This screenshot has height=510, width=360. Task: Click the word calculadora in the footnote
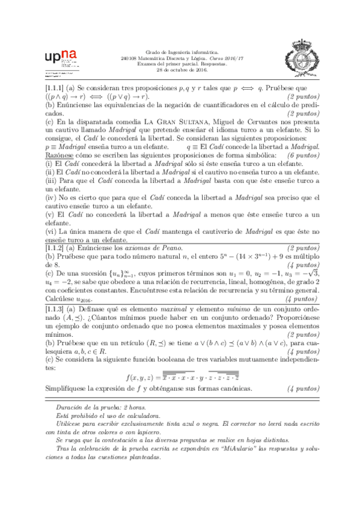(145, 415)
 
